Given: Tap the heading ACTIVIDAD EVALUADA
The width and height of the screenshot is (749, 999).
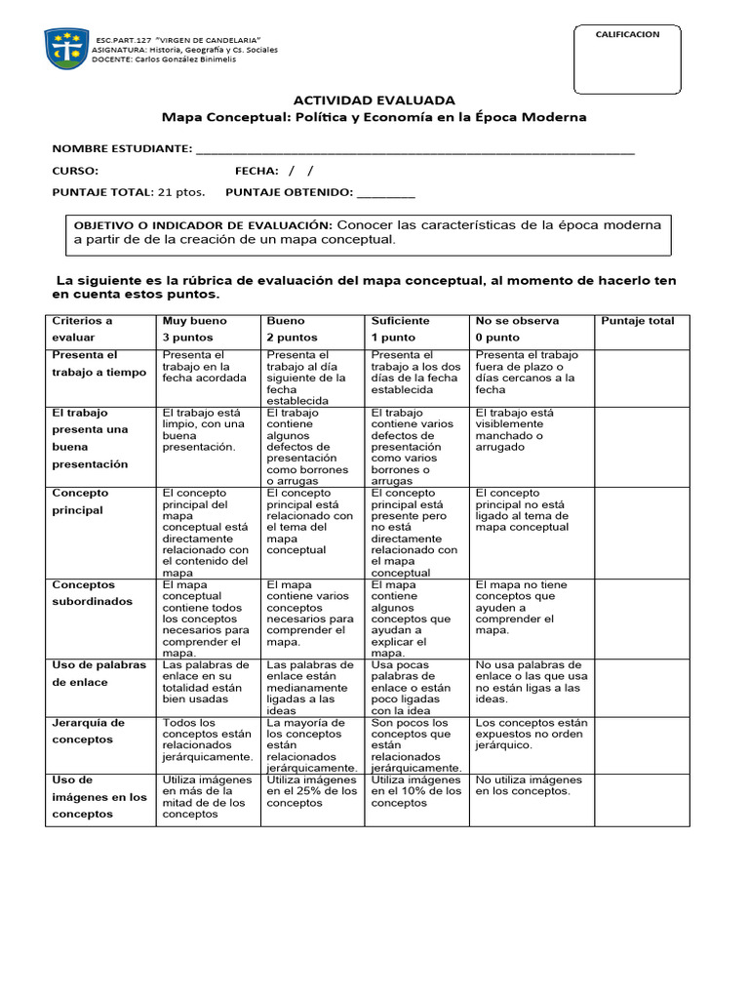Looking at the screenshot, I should (374, 100).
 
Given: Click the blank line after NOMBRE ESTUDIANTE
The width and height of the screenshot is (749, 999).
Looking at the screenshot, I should (414, 148).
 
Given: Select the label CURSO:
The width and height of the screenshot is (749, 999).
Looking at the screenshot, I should (75, 171).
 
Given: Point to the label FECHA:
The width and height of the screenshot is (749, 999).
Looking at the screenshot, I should (256, 171).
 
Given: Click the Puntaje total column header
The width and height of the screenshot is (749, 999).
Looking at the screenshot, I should (637, 321).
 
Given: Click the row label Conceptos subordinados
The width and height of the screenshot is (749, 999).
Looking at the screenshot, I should (92, 593).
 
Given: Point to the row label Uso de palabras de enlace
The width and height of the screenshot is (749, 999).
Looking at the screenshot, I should (98, 673).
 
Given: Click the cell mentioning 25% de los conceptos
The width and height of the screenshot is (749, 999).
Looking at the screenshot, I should (311, 791).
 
